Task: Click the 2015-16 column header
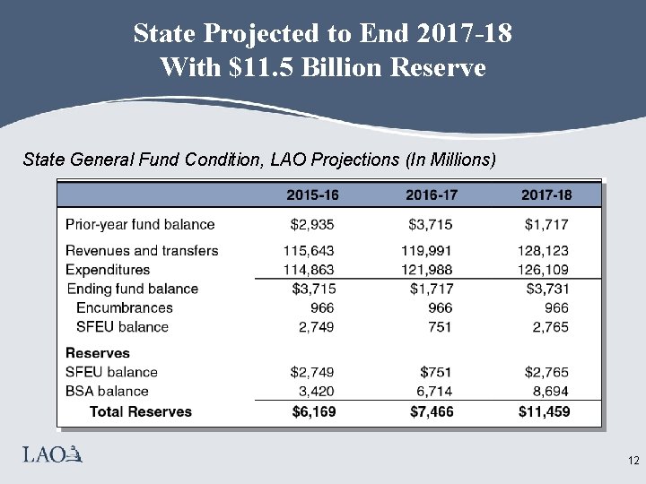tap(313, 194)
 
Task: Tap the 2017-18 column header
tap(546, 194)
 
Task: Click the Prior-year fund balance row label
tap(140, 224)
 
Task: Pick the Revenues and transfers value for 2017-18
tap(543, 251)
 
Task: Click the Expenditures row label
tap(108, 270)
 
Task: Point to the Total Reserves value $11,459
tap(544, 411)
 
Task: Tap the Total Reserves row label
tap(141, 411)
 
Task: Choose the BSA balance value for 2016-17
tap(434, 392)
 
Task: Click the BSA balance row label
tap(107, 392)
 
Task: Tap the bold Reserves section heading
tap(98, 353)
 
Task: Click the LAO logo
tap(52, 456)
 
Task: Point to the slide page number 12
tap(633, 462)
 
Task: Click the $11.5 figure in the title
tap(259, 66)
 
